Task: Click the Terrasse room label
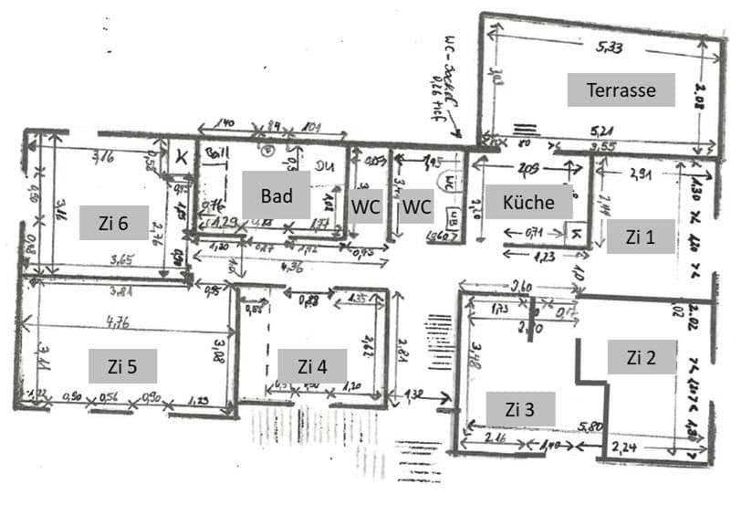[x=621, y=90]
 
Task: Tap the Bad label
[x=277, y=195]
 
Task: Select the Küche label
[x=527, y=202]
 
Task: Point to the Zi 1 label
[x=640, y=236]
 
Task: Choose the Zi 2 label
[x=641, y=356]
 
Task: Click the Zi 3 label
[x=519, y=408]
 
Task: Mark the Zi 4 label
[x=311, y=365]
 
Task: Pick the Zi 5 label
[x=121, y=365]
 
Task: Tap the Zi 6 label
[x=114, y=222]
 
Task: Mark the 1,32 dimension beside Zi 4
[x=414, y=395]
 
